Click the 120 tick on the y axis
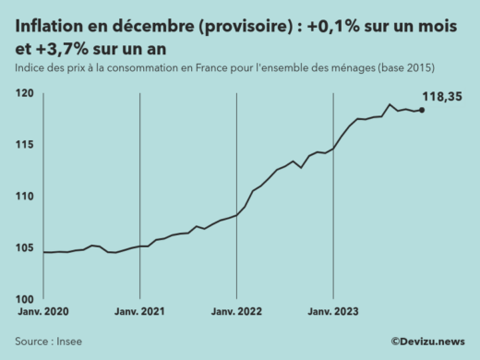25,94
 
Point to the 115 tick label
25,145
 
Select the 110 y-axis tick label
25,197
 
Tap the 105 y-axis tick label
25,247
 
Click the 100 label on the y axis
25,299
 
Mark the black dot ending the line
422,110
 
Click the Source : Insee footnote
46,342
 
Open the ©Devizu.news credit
428,342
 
